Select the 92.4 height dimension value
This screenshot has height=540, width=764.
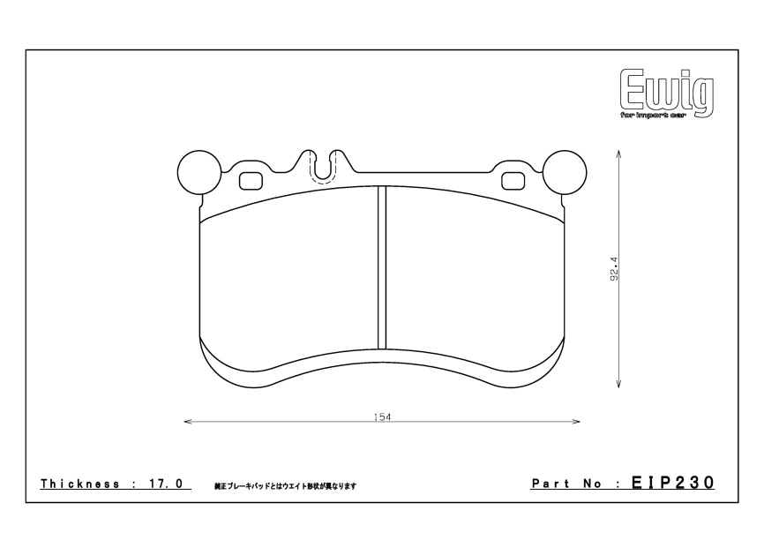[612, 269]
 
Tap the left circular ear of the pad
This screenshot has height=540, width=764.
[199, 171]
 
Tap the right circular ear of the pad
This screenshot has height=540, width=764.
[564, 171]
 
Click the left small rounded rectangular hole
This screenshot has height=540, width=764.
[251, 181]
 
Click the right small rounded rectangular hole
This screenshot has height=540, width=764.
[512, 181]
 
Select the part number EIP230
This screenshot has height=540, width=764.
[673, 484]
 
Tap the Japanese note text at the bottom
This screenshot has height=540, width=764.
[284, 486]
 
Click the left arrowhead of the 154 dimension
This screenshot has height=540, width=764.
[186, 422]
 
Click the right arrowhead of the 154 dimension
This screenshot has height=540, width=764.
[577, 422]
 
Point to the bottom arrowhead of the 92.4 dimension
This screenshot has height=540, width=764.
[619, 383]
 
